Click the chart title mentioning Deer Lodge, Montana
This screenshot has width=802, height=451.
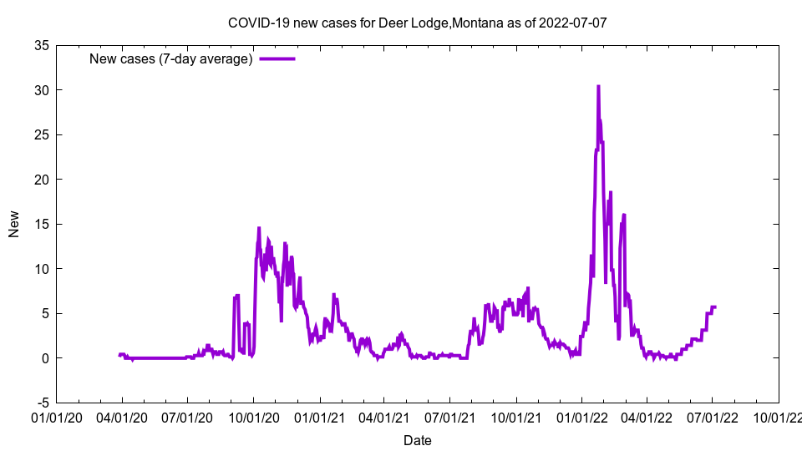[417, 23]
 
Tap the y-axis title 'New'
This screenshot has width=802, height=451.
[14, 224]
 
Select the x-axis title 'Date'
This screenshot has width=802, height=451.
[417, 440]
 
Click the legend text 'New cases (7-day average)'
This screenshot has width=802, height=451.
[171, 58]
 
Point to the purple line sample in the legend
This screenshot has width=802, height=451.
[277, 58]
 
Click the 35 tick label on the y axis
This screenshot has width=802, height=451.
[40, 45]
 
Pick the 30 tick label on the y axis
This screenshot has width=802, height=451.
[40, 90]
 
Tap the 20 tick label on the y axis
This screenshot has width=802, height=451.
[40, 180]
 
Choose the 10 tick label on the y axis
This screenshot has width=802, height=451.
[40, 269]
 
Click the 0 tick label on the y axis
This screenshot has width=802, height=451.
[44, 358]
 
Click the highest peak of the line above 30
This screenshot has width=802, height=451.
[598, 86]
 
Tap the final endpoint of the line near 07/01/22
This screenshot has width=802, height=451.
[715, 307]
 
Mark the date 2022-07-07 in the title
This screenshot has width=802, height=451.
[573, 23]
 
